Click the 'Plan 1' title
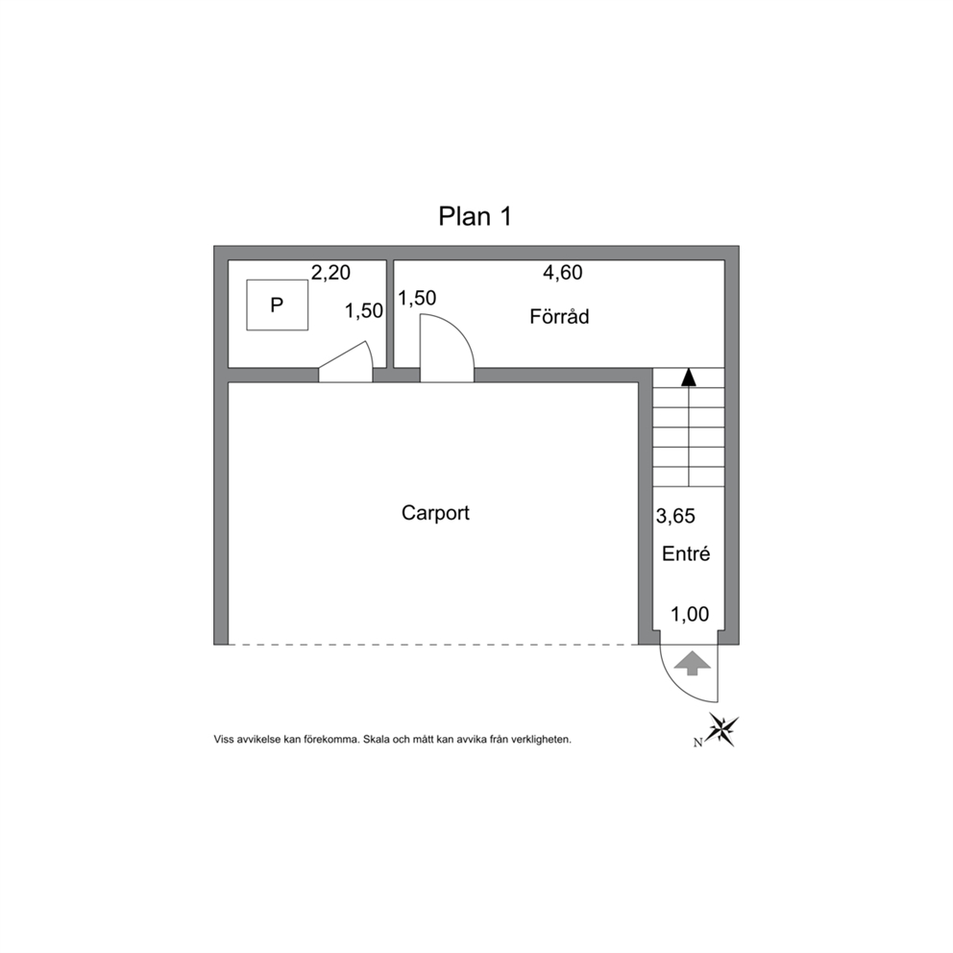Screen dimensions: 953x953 click(476, 216)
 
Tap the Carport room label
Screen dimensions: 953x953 click(435, 513)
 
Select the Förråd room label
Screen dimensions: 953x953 click(559, 316)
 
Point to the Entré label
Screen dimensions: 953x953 click(686, 553)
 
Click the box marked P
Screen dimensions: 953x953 click(277, 305)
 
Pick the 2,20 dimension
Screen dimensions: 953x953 click(330, 272)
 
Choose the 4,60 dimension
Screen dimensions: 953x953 click(562, 272)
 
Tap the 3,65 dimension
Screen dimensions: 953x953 click(675, 516)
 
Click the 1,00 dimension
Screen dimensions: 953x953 click(689, 615)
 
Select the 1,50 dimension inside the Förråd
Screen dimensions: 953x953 click(417, 298)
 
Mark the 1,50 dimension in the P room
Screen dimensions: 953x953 click(364, 310)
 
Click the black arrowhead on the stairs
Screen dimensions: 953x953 click(688, 377)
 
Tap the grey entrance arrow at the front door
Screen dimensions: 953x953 click(692, 663)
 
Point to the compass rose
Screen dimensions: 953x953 click(723, 729)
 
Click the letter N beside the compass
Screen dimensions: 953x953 click(698, 742)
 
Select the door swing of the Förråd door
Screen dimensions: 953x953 click(462, 336)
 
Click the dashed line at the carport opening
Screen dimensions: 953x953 click(432, 645)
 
